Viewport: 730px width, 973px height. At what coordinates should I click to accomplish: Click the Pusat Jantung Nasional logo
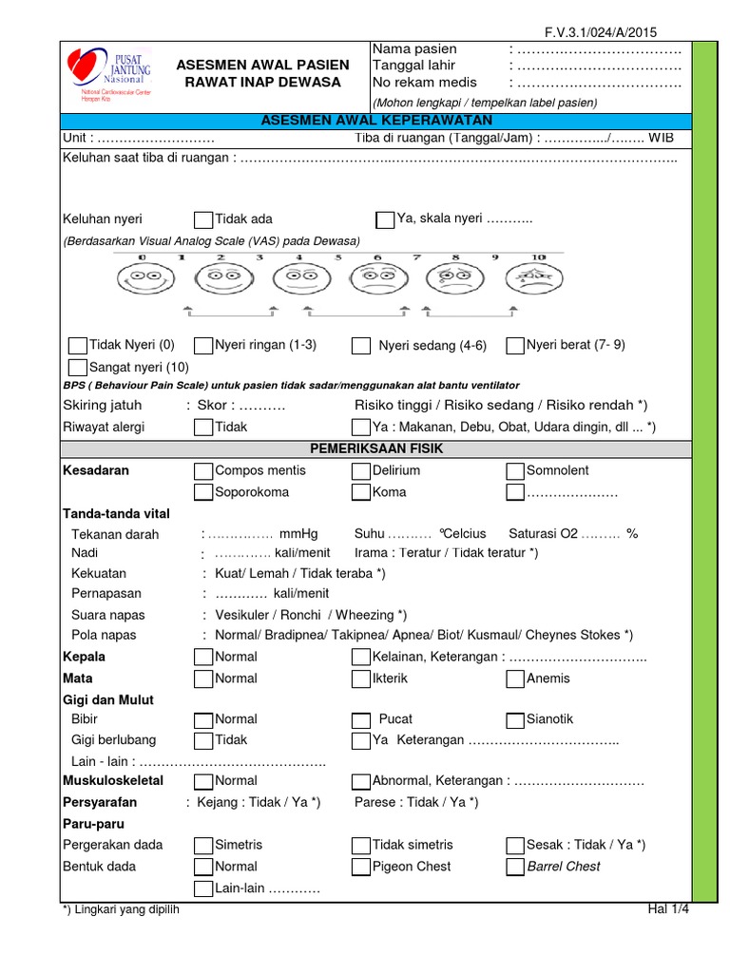[107, 75]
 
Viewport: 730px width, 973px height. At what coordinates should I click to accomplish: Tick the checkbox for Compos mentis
[203, 471]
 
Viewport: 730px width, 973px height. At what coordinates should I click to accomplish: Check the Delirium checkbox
[361, 471]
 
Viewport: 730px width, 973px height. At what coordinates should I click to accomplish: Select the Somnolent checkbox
[515, 471]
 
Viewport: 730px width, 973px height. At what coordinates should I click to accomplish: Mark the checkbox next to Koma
[361, 492]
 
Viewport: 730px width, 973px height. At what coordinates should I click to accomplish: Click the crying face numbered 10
[536, 277]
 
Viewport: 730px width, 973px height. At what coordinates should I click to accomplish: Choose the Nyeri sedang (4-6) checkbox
[361, 346]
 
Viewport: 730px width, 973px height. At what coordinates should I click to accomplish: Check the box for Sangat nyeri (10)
[78, 367]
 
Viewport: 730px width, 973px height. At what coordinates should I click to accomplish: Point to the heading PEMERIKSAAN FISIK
[375, 448]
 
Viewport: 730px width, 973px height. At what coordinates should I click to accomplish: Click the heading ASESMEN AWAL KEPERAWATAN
[375, 121]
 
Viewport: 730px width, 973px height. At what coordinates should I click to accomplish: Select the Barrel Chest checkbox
[515, 867]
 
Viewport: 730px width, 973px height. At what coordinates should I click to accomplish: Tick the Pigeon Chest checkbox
[361, 867]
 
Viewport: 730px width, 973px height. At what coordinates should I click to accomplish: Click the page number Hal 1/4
[667, 909]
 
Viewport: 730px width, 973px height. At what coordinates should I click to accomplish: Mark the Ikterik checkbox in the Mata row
[361, 678]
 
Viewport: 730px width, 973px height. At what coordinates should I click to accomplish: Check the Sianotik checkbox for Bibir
[515, 719]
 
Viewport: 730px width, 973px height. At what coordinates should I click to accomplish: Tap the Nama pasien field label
[414, 49]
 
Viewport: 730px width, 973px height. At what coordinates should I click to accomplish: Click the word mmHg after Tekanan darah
[299, 533]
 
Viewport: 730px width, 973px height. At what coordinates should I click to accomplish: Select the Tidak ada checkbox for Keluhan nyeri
[203, 219]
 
